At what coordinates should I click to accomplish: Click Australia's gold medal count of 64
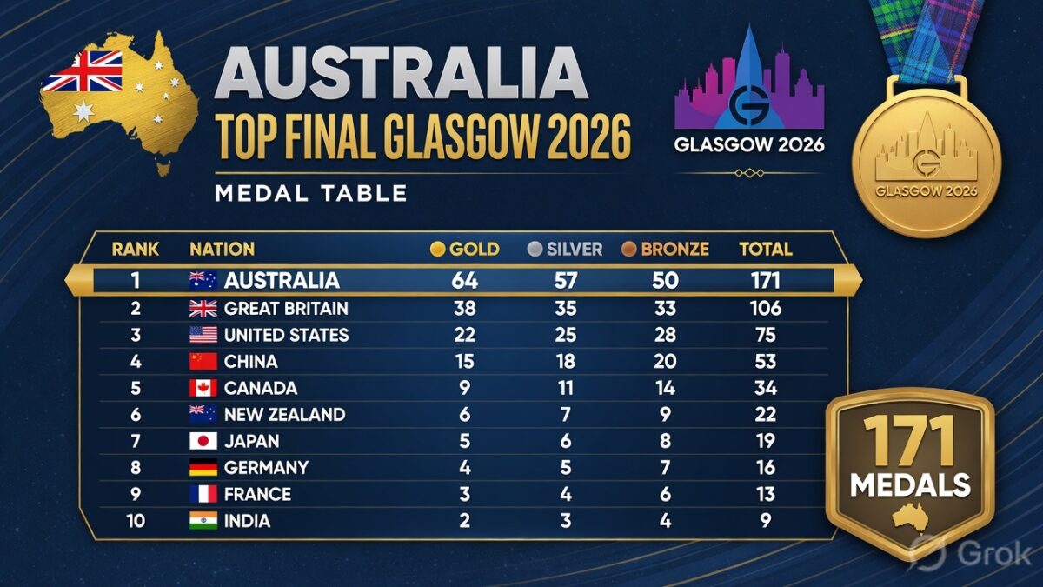coord(465,280)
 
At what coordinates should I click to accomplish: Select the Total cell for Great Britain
coord(766,309)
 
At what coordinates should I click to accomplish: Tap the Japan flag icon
coord(203,441)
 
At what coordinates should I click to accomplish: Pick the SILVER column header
coord(575,250)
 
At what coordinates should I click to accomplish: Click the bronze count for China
coord(665,362)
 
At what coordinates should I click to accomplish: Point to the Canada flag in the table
coord(203,388)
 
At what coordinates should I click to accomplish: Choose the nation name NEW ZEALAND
coord(284,415)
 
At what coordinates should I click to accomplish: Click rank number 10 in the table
coord(136,521)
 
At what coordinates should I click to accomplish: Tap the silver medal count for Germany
coord(566,468)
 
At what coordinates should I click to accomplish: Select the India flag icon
coord(203,520)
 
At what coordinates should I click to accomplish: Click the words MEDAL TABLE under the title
coord(311,193)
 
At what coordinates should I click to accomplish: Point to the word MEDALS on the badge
coord(910,485)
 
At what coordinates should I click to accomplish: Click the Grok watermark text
coord(994,555)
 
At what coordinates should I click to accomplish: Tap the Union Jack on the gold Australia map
coord(83,71)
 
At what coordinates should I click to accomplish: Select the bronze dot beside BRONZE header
coord(628,250)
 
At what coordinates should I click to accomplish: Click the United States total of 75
coord(766,335)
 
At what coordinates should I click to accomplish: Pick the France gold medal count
coord(465,494)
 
